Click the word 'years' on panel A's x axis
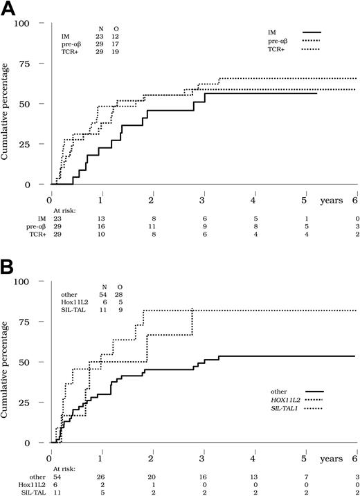coord(330,199)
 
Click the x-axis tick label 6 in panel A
coord(356,199)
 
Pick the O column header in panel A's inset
coord(115,30)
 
